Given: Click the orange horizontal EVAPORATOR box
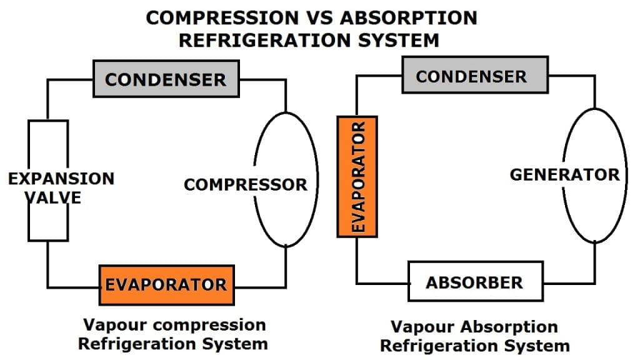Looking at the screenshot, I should pyautogui.click(x=166, y=285).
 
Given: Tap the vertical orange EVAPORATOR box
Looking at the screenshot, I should pyautogui.click(x=357, y=176).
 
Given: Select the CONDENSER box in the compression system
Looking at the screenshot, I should pyautogui.click(x=166, y=79).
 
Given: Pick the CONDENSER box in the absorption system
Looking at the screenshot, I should pyautogui.click(x=471, y=76).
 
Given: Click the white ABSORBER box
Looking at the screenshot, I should pyautogui.click(x=474, y=282).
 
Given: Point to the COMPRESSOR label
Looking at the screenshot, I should pyautogui.click(x=246, y=184).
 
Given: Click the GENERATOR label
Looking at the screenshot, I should pyautogui.click(x=564, y=174).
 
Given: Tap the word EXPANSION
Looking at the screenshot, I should pyautogui.click(x=61, y=178).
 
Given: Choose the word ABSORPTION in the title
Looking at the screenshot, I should pyautogui.click(x=409, y=17).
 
